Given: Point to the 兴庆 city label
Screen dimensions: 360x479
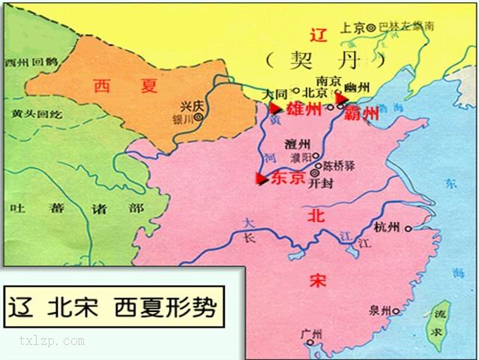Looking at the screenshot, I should pos(193,107).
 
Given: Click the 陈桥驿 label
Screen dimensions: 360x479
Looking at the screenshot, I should pos(337,169).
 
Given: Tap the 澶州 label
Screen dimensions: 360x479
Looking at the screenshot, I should pos(298,142).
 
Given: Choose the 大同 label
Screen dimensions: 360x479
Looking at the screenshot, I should pos(277,94).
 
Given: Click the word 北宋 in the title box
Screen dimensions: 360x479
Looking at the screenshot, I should pos(73,308).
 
